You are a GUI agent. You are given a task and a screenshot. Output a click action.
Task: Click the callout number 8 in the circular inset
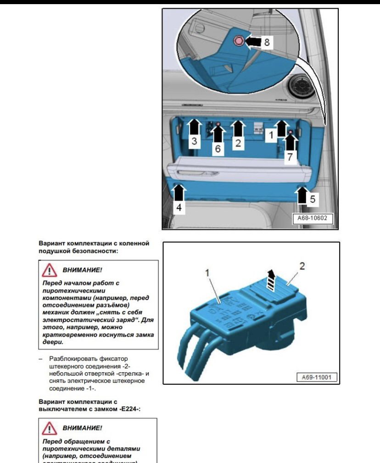pos(266,42)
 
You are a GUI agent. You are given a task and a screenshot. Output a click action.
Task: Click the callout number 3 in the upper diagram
pos(195,141)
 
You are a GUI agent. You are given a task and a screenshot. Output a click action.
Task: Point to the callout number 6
pos(218,149)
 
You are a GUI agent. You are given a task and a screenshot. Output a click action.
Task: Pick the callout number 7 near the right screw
pos(290,157)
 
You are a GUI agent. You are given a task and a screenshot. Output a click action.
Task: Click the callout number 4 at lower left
pos(179,207)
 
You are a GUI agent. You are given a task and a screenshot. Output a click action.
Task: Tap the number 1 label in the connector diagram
pos(207,272)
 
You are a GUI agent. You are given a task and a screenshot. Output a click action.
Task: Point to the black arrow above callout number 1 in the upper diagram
pos(281,128)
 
